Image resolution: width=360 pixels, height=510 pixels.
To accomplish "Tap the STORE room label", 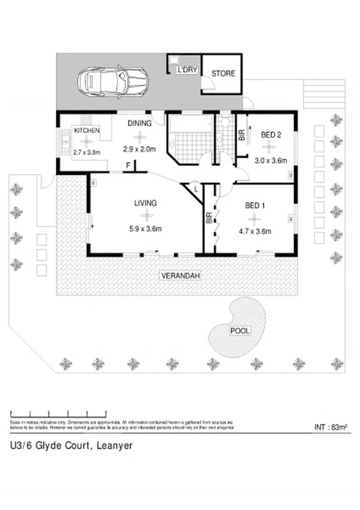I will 222,73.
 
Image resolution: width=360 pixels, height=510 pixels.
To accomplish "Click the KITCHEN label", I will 86,131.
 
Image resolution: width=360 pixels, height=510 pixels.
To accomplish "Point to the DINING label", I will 139,123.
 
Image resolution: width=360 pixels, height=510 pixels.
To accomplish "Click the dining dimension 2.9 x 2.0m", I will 139,149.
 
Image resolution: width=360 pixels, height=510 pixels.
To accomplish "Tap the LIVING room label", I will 145,203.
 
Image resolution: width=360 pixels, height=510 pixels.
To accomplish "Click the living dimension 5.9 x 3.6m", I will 145,228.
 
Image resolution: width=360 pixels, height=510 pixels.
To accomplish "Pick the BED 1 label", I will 255,206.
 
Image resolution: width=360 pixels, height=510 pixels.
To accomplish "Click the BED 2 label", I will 271,135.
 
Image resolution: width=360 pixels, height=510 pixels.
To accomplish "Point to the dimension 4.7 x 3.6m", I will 255,231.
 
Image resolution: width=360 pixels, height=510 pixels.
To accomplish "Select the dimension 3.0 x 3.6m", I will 270,161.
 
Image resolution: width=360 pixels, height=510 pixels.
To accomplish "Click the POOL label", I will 240,331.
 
